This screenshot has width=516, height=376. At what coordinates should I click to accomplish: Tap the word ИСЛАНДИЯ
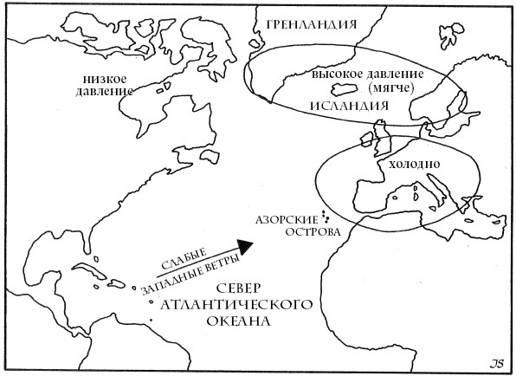(343, 105)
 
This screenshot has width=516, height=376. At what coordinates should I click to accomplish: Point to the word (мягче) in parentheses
(388, 88)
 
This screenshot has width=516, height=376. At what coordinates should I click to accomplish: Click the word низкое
(101, 78)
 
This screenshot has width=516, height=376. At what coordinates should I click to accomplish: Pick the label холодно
(418, 164)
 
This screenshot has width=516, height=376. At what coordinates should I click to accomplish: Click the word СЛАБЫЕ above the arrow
(184, 257)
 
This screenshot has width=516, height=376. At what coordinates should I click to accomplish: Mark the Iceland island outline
(346, 89)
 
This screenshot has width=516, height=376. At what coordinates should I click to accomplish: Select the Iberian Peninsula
(371, 197)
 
